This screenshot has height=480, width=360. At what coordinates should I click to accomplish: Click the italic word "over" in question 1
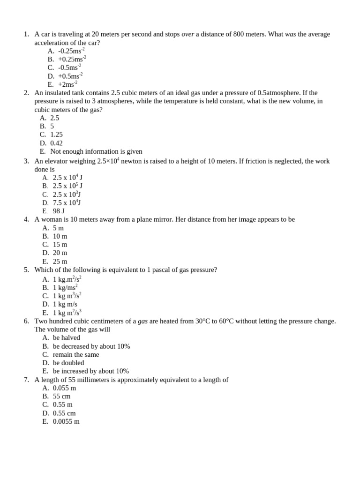point(187,34)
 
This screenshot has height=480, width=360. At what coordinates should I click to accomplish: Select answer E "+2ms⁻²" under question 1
point(67,84)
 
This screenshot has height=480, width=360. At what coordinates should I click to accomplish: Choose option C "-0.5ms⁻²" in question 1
point(69,67)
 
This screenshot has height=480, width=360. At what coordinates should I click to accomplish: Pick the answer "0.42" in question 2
point(56,143)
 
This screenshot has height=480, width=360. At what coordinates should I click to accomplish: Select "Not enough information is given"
point(96,151)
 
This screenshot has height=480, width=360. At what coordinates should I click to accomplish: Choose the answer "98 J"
point(59,211)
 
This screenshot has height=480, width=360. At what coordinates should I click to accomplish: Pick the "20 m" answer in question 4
point(60,253)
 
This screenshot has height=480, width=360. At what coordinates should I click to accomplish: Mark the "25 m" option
point(60,261)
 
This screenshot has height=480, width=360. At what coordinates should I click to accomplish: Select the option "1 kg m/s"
point(65,304)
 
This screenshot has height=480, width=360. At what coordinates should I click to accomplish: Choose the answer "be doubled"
point(68,363)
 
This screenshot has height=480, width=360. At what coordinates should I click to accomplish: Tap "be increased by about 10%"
point(90,371)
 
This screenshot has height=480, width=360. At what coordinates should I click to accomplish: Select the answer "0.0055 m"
point(66,421)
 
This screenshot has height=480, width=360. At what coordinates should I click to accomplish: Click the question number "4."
point(26,219)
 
